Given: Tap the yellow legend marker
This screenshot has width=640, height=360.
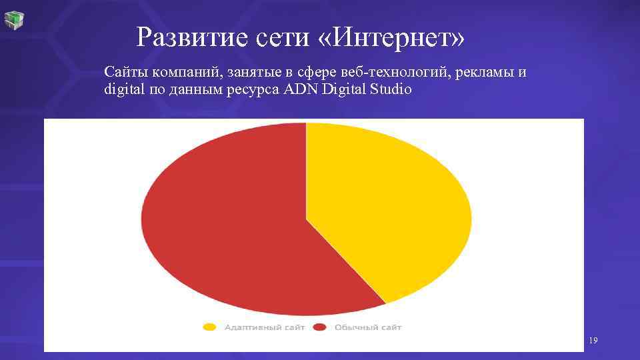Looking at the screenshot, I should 210,327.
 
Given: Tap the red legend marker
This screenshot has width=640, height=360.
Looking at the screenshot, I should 320,327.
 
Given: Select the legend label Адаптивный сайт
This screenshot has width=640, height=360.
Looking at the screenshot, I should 264,327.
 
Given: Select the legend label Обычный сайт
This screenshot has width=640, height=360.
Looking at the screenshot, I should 368,327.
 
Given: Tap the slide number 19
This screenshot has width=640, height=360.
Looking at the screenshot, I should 593,341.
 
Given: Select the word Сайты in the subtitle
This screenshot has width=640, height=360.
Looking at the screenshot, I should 122,72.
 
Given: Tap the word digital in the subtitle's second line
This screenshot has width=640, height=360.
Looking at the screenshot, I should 121,89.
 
